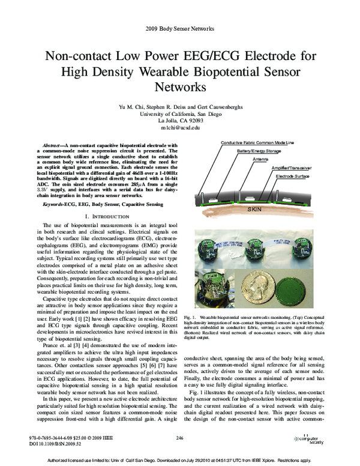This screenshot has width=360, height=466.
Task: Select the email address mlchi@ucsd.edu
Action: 179,128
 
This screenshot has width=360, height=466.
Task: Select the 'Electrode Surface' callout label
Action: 294,177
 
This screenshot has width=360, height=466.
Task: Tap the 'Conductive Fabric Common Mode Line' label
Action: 257,142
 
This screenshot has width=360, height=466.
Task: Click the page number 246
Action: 179,438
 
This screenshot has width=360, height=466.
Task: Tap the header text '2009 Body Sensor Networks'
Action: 179,28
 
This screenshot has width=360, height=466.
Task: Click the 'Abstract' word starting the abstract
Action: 55,145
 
